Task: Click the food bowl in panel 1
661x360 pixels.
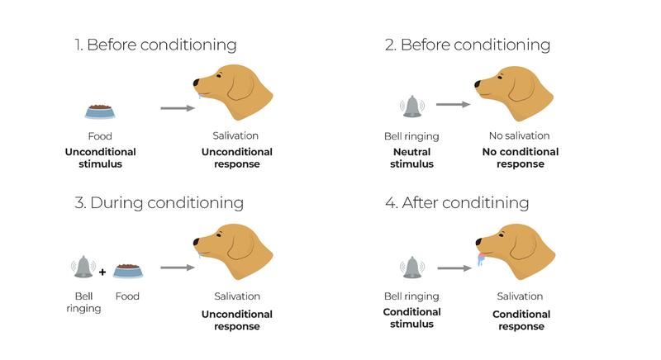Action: point(99,111)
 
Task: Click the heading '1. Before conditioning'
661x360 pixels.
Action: point(155,45)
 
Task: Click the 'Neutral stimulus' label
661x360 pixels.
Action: point(411,158)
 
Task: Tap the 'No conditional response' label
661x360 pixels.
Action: point(521,158)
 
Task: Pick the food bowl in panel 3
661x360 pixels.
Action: point(128,269)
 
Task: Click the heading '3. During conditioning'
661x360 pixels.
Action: point(159,202)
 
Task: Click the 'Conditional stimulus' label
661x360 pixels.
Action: point(411,318)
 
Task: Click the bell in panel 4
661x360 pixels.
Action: point(411,267)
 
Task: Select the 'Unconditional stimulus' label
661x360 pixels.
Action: point(99,158)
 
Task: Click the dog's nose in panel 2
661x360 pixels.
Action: point(478,83)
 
